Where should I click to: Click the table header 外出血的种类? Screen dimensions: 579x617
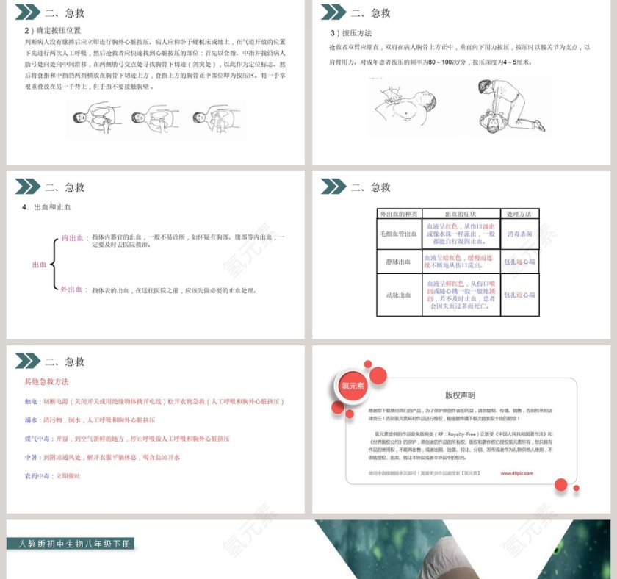[x=398, y=214]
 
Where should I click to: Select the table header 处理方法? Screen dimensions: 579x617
[x=519, y=214]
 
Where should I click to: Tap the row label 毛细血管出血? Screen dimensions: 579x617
[x=398, y=234]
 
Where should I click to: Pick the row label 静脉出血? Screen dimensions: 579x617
[x=398, y=262]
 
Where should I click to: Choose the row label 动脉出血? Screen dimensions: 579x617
[x=398, y=295]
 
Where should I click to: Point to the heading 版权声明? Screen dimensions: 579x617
[x=460, y=395]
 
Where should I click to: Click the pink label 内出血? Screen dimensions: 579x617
[x=71, y=238]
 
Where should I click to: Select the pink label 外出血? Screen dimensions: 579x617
[x=71, y=289]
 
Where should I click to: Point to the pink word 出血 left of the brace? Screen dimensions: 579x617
[x=39, y=265]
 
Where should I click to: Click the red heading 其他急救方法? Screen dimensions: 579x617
[x=46, y=382]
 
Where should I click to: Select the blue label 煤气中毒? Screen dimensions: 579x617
[x=37, y=439]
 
